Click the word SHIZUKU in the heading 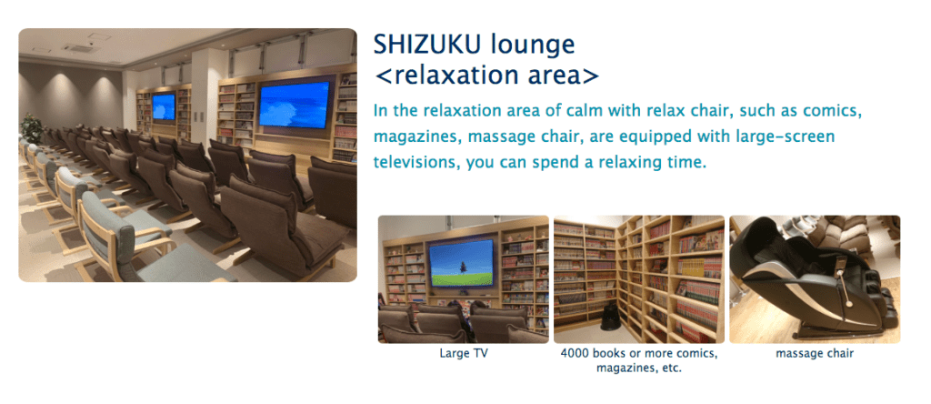425,45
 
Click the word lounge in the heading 530,45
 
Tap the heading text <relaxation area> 487,76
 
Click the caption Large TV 464,353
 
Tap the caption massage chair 815,353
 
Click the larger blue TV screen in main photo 294,105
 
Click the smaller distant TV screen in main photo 164,107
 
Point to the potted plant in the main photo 31,127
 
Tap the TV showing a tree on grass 461,263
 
